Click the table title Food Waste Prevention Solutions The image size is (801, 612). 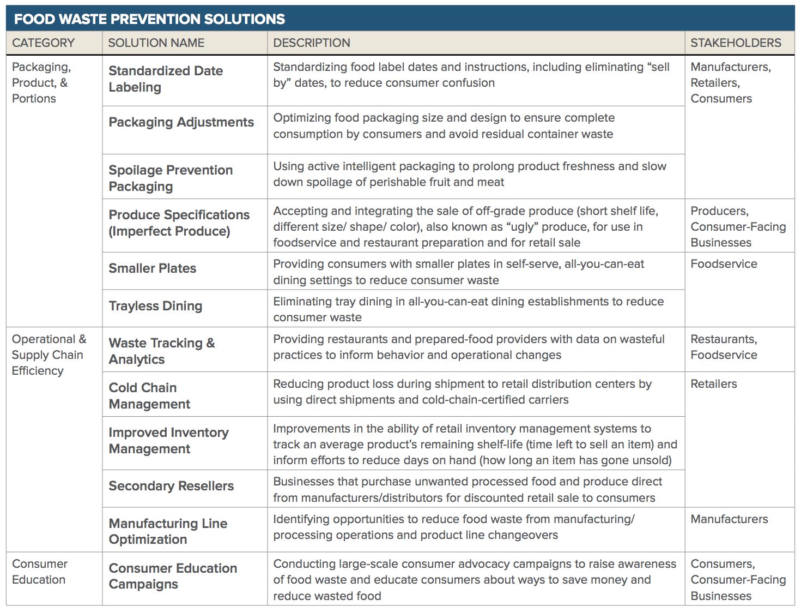[149, 19]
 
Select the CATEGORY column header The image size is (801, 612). [43, 43]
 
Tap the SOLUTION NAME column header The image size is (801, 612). [156, 43]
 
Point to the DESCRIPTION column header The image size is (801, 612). [311, 43]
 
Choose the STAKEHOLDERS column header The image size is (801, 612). [736, 43]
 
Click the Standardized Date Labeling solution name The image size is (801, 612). [166, 79]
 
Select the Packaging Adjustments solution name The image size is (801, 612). [181, 122]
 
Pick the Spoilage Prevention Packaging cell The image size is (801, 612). [171, 178]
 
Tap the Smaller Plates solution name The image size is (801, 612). [153, 268]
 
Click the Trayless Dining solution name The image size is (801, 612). [155, 306]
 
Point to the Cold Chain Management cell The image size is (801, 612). [149, 396]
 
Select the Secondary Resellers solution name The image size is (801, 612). [171, 486]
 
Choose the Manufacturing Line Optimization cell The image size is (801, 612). [168, 531]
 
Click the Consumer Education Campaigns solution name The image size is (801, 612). [173, 576]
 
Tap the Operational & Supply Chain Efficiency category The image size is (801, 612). [48, 355]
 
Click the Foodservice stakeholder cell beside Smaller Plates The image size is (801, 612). [724, 264]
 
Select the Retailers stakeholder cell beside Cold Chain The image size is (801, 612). [713, 384]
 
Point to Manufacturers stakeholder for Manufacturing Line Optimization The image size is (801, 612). [729, 519]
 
